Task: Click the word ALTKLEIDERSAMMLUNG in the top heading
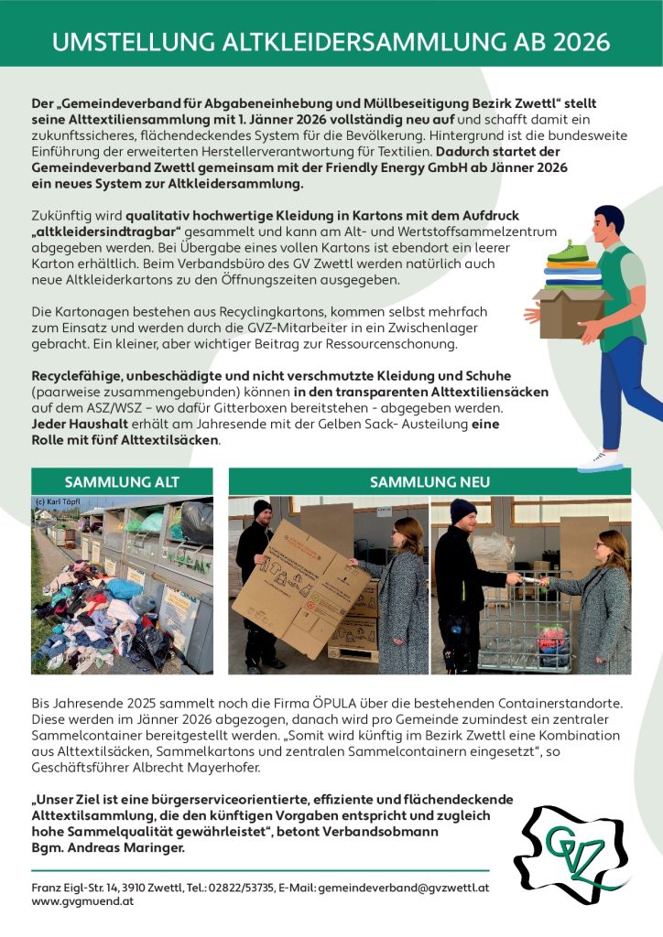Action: [321, 42]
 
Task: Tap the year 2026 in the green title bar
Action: [576, 42]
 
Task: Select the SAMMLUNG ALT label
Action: [122, 482]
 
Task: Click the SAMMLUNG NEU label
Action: [429, 482]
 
